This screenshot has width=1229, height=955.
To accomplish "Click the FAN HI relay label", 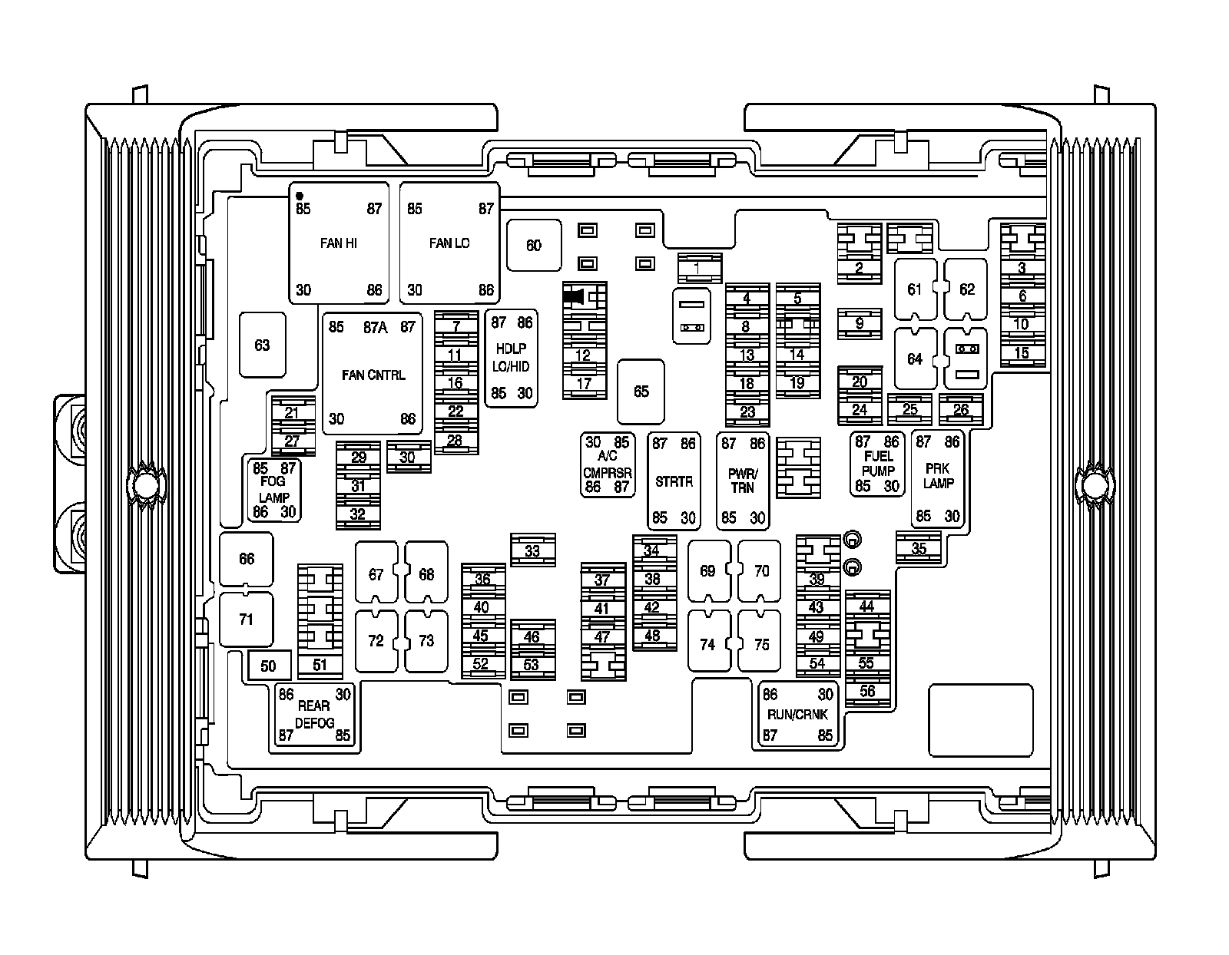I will tap(338, 243).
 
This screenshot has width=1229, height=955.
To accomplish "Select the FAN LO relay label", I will tap(449, 243).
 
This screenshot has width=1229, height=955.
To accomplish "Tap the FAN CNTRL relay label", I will tap(373, 375).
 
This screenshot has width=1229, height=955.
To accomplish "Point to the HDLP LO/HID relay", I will tap(512, 358).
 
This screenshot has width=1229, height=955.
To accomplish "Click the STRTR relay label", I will tap(674, 482).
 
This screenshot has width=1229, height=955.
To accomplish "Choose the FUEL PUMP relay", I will tap(877, 464).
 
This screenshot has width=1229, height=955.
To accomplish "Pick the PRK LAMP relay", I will tap(938, 477).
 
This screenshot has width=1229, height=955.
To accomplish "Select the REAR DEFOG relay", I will tap(314, 715).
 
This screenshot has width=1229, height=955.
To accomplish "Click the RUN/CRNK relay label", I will tap(797, 715).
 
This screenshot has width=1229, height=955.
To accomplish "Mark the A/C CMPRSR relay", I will tap(608, 464).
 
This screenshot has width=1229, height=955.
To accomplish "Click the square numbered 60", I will tap(533, 246).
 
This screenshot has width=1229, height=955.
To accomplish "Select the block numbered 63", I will tap(262, 345).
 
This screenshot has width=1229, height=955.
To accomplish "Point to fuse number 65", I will tap(641, 392).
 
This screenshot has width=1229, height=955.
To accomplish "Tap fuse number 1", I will tap(697, 268).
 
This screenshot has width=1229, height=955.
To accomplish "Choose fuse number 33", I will tap(532, 551).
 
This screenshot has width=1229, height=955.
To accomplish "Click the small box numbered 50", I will tap(268, 666).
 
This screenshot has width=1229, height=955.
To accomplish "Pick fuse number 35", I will tap(919, 548).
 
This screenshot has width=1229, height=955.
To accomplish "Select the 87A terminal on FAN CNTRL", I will tap(375, 328).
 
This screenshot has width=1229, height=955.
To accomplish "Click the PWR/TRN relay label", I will tap(743, 481).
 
